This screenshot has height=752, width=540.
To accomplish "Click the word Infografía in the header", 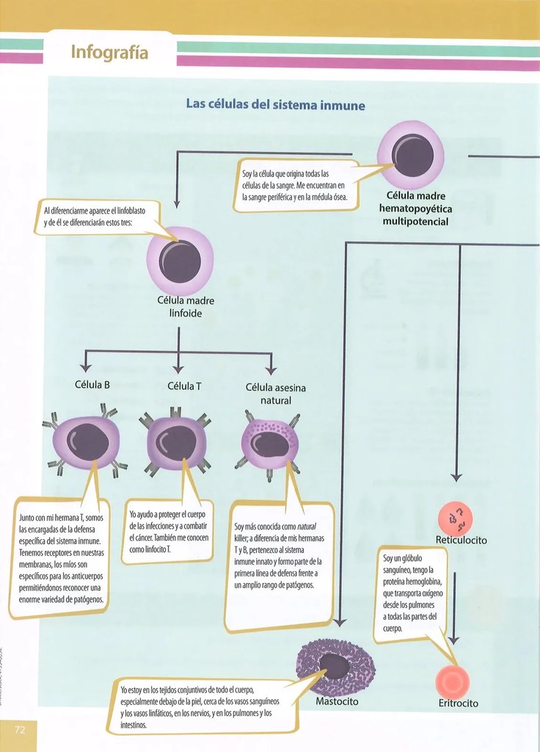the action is click(x=109, y=52).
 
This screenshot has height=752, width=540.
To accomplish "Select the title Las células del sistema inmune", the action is click(x=276, y=104).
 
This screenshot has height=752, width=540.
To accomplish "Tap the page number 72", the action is click(x=20, y=729).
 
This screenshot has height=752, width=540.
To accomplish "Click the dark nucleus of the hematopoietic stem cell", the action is click(x=412, y=155).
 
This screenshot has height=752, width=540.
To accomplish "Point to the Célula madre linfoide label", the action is click(x=186, y=307).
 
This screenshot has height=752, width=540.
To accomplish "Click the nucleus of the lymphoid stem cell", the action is click(x=180, y=261).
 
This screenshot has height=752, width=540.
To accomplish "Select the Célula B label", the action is click(x=92, y=385).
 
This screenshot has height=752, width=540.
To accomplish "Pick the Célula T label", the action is click(x=184, y=386).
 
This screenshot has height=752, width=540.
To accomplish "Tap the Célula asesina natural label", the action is click(x=276, y=394).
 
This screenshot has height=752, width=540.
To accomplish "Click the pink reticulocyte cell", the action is click(x=455, y=518).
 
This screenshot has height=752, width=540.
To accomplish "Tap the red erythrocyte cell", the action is click(x=452, y=681).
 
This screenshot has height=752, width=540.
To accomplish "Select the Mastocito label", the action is click(x=337, y=701).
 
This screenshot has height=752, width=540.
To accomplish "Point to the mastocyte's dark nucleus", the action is click(x=335, y=666).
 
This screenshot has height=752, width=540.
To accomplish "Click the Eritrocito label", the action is click(x=458, y=703).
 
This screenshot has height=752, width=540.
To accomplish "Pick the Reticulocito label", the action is click(x=461, y=540).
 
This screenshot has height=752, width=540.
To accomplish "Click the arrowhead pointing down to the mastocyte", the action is click(x=339, y=622).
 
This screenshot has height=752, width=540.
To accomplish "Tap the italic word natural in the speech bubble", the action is click(x=306, y=526).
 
